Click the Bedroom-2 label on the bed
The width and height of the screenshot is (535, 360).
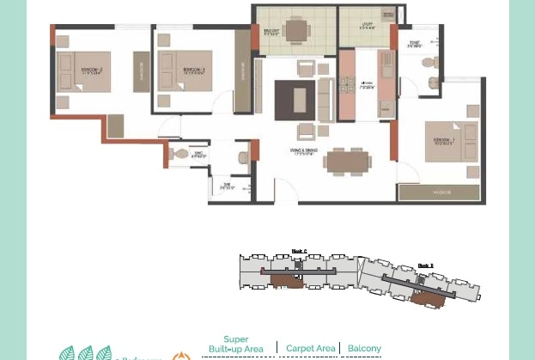(x=92, y=71)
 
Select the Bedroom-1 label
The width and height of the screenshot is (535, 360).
(x=444, y=140)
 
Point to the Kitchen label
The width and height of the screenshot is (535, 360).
(x=368, y=84)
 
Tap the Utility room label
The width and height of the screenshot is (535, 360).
(x=367, y=27)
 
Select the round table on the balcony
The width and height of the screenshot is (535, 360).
(x=296, y=31)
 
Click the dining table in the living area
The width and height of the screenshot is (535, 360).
(x=347, y=161)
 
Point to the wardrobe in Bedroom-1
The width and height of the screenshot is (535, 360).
(x=441, y=192)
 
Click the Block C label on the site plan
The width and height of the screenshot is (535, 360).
(x=299, y=252)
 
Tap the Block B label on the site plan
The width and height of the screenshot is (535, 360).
(x=425, y=266)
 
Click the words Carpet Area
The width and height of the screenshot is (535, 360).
(x=310, y=348)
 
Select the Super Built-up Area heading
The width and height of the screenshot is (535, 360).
(x=236, y=344)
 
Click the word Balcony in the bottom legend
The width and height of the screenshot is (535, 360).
(x=364, y=348)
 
